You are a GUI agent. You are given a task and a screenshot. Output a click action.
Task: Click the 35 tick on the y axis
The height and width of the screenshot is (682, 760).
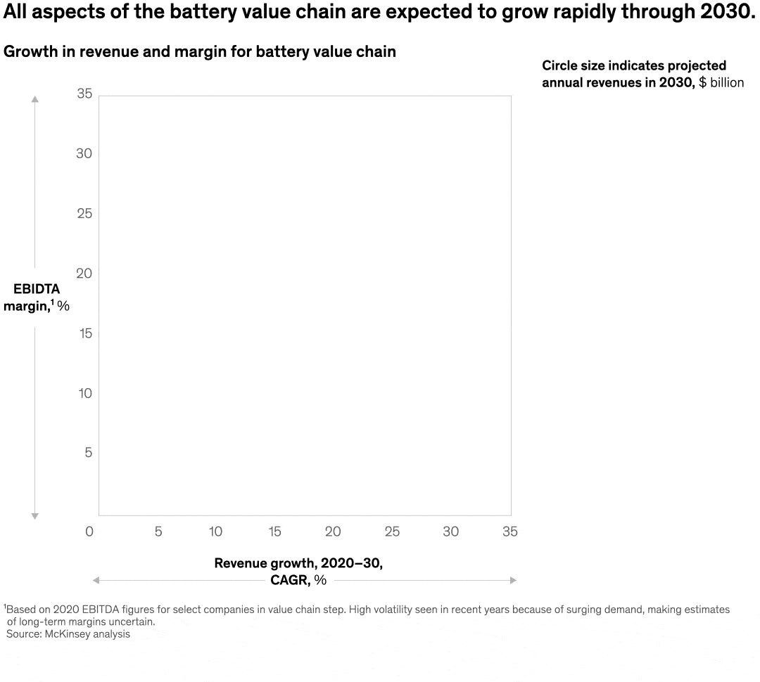[84, 94]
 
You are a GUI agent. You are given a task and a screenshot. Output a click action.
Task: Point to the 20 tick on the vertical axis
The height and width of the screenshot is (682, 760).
[84, 274]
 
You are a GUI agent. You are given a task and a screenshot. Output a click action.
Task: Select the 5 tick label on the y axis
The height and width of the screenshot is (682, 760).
[89, 453]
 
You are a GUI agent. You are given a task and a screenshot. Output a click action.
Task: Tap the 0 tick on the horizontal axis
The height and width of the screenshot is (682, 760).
[89, 532]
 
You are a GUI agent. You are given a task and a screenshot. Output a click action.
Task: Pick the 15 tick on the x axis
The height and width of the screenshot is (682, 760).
[275, 532]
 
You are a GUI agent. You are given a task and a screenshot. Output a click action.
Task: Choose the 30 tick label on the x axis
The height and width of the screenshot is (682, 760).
[450, 532]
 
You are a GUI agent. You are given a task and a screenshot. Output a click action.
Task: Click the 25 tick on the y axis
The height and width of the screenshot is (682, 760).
[84, 214]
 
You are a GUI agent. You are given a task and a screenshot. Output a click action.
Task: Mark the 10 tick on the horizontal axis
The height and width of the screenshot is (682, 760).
[216, 532]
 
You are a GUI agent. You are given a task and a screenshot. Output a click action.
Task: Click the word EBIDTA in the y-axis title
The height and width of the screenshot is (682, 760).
[37, 289]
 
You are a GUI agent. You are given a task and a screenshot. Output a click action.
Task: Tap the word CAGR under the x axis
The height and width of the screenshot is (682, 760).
[289, 580]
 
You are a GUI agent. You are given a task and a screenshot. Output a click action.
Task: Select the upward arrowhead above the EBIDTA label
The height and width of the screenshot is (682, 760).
[34, 100]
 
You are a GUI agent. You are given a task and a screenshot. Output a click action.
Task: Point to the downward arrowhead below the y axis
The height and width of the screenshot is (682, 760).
[34, 516]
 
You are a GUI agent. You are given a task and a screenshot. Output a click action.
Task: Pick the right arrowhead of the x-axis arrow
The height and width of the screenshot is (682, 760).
[513, 580]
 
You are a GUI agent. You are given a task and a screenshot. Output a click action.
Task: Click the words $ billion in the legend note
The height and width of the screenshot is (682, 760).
[721, 83]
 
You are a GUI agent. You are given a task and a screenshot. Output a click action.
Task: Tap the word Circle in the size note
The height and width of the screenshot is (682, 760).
[559, 66]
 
